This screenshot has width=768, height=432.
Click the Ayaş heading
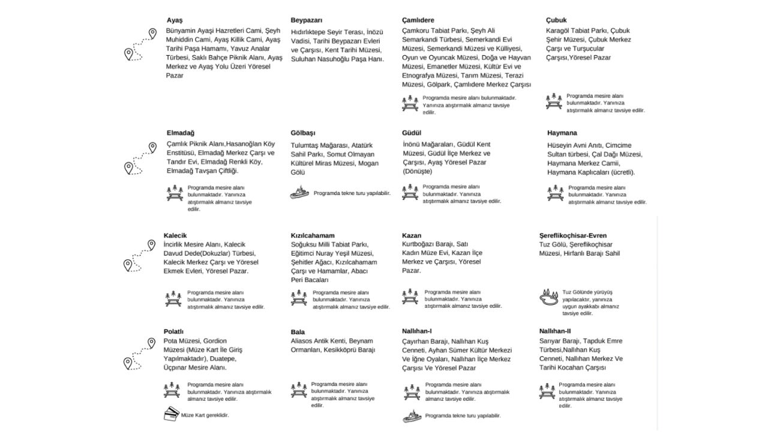175,20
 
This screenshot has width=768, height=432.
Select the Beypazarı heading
308,20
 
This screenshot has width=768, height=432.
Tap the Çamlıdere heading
418,20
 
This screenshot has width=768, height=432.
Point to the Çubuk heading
556,20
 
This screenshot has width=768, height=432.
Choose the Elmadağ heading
181,133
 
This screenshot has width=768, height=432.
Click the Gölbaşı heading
303,133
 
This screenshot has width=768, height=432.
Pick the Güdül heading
412,133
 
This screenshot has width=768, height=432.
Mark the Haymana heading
562,133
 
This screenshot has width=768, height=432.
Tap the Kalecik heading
175,235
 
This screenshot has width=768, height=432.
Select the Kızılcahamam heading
313,235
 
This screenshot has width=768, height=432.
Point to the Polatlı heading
173,331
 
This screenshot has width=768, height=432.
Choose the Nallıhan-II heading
556,331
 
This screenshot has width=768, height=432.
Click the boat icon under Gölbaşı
299,193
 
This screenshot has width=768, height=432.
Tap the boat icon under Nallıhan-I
412,415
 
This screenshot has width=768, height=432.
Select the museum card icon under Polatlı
172,414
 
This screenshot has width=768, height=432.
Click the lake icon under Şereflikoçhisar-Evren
550,298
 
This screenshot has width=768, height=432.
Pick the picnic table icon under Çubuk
554,101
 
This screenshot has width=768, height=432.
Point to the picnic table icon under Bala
299,389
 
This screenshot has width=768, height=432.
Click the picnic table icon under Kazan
410,296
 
